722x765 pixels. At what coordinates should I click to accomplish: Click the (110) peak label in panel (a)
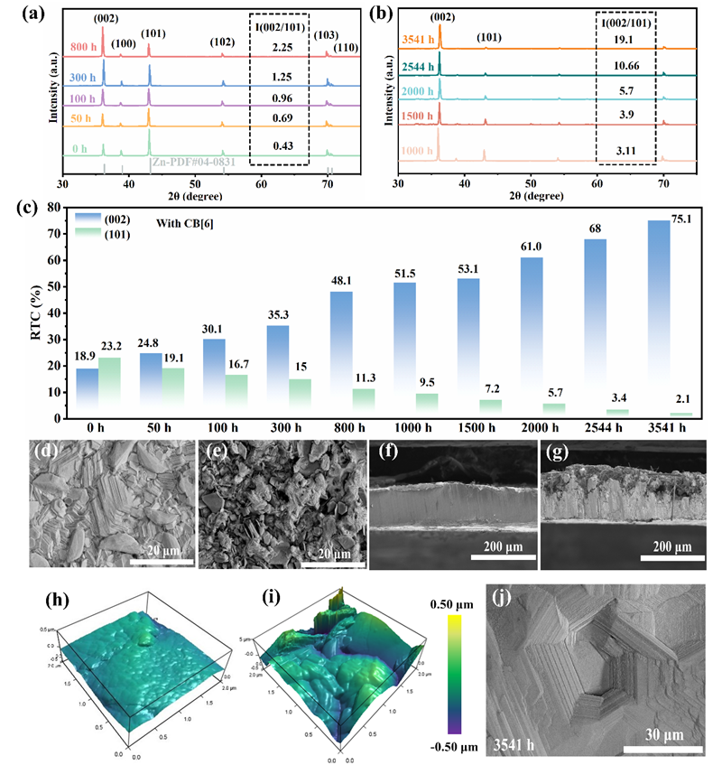pos(346,47)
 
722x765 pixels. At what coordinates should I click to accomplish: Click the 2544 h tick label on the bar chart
pos(611,429)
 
